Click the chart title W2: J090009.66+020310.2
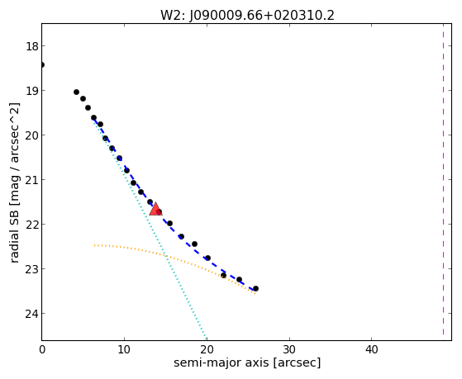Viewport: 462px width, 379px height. pos(247,15)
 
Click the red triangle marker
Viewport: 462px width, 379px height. pos(155,209)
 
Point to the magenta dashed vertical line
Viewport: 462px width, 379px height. pos(443,179)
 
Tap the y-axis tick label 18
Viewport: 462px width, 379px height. pos(31,46)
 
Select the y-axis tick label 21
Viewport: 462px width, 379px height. pos(31,180)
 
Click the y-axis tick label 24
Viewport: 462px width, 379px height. pos(31,314)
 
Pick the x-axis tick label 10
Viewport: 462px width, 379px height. pos(124,349)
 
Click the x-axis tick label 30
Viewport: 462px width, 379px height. pos(289,349)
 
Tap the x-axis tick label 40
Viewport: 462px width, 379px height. pos(372,349)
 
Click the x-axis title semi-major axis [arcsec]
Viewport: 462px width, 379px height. pos(247,362)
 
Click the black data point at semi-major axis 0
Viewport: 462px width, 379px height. pos(42,64)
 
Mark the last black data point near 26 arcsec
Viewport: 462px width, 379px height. pos(255,289)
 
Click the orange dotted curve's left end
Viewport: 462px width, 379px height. pos(94,245)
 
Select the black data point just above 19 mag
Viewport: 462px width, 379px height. pos(76,92)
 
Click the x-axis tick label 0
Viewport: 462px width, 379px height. pos(42,349)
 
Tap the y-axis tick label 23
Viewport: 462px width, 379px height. pos(31,269)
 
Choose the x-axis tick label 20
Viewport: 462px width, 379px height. pos(207,349)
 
